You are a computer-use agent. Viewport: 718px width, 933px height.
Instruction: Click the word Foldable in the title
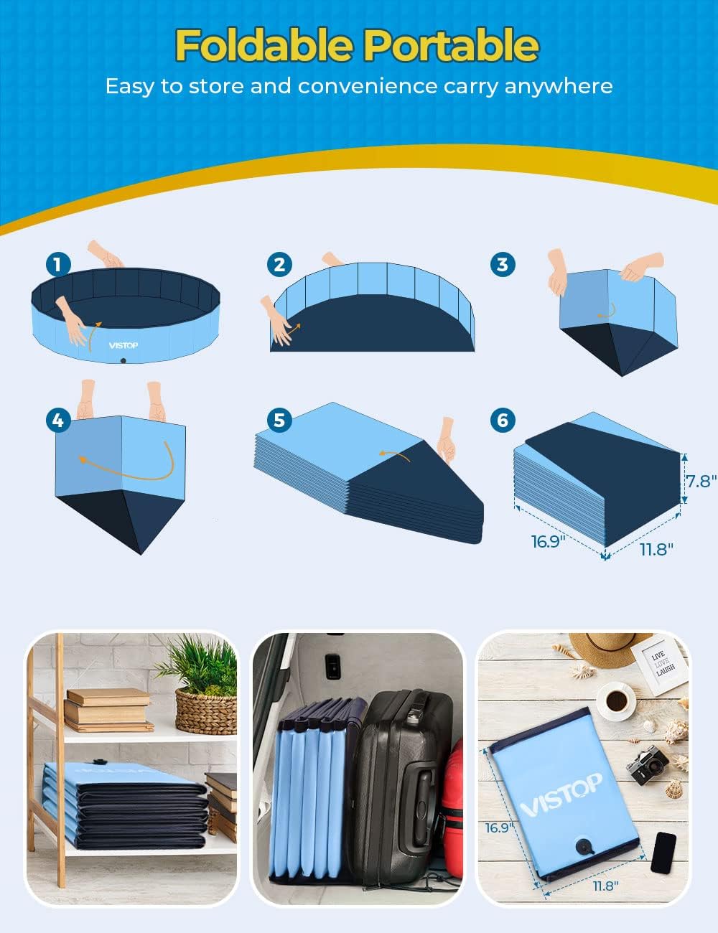click(x=264, y=45)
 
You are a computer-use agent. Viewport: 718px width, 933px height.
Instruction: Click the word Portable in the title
click(x=450, y=45)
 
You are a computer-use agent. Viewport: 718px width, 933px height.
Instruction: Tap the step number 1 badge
click(x=58, y=264)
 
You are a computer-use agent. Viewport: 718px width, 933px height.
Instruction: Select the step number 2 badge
click(x=279, y=264)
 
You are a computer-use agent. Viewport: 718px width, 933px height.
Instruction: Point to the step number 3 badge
click(x=503, y=264)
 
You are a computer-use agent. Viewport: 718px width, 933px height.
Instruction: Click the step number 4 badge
click(x=58, y=420)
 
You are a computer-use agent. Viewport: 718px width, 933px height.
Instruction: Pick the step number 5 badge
click(x=279, y=420)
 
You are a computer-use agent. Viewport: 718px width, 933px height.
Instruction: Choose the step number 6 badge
click(x=503, y=420)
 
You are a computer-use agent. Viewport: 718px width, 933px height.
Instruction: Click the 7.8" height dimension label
click(x=701, y=480)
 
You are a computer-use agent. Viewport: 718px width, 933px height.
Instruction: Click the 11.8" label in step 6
click(x=656, y=549)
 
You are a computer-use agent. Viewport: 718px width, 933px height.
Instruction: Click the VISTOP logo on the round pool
click(x=123, y=345)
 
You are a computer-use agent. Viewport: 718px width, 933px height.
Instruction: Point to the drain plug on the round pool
click(x=124, y=361)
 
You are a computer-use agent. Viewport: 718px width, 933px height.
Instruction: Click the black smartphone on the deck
click(x=663, y=853)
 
